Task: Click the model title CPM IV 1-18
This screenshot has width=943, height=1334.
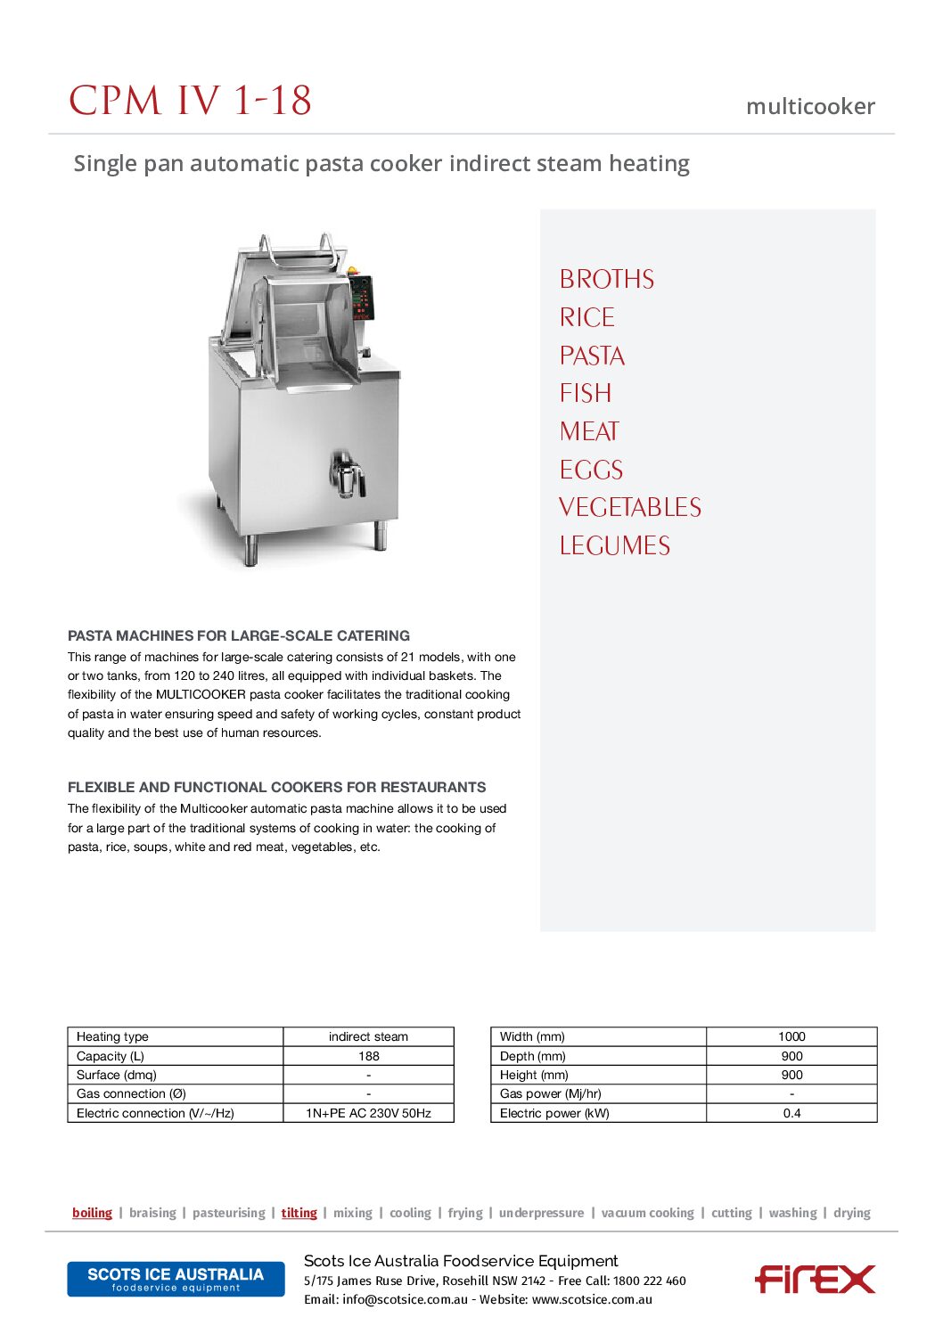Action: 190,101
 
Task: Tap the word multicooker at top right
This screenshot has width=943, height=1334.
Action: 810,107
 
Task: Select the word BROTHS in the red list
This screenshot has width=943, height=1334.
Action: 606,280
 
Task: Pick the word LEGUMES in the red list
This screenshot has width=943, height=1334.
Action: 614,546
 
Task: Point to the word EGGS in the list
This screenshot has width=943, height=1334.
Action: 591,471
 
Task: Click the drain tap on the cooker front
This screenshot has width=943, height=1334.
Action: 348,473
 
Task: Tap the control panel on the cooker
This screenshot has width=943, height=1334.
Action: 361,298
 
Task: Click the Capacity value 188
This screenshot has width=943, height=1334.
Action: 368,1056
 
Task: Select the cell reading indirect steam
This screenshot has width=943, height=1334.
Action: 368,1036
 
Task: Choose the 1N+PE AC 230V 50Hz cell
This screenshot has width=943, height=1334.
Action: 368,1113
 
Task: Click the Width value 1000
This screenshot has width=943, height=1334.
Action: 791,1036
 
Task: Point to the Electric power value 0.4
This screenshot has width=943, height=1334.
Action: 791,1113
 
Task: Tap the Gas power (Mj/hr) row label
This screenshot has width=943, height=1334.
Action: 550,1093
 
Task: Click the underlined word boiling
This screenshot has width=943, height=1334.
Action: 92,1213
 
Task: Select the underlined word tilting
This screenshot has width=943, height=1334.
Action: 299,1213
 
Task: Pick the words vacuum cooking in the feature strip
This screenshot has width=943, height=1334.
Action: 647,1213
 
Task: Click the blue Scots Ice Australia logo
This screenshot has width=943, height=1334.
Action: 176,1279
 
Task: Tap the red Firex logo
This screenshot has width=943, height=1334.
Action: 815,1280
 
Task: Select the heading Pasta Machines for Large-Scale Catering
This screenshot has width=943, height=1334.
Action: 239,636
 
